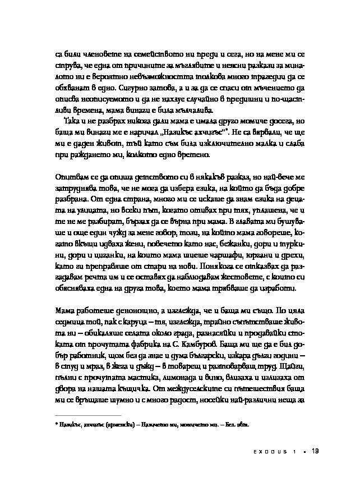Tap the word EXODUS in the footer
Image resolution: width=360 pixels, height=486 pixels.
pos(266,452)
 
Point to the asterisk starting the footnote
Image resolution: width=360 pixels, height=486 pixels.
pos(57,425)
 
